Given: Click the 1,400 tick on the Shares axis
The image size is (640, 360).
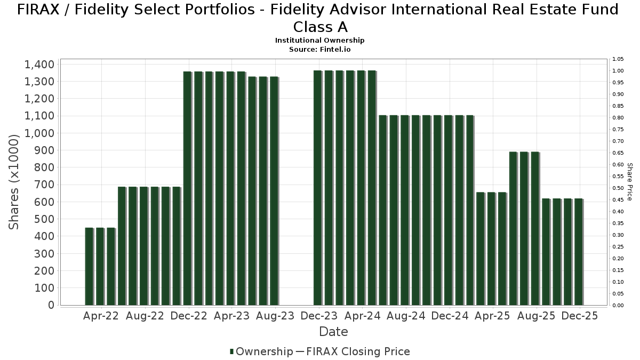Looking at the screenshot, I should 39,65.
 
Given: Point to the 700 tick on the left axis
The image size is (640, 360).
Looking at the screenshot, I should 44,185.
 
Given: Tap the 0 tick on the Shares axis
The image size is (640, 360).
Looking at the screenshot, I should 52,305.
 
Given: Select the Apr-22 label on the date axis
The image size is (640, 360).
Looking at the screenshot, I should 101,316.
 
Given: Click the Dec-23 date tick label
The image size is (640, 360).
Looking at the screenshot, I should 319,316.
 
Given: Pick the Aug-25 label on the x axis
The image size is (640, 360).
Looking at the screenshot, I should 537,316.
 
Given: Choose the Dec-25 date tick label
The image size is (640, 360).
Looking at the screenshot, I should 580,316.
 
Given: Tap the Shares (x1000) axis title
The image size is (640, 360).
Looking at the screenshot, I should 14,182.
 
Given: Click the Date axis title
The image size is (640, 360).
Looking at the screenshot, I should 333,332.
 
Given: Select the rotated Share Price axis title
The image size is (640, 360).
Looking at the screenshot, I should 630,182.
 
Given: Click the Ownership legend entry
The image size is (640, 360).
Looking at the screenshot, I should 261,351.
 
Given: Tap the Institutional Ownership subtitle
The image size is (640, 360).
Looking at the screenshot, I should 320,41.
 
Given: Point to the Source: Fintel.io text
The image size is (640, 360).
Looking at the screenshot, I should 320,49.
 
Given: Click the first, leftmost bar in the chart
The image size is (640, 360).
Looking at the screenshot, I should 89,266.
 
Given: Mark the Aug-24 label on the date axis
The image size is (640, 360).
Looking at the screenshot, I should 406,316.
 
